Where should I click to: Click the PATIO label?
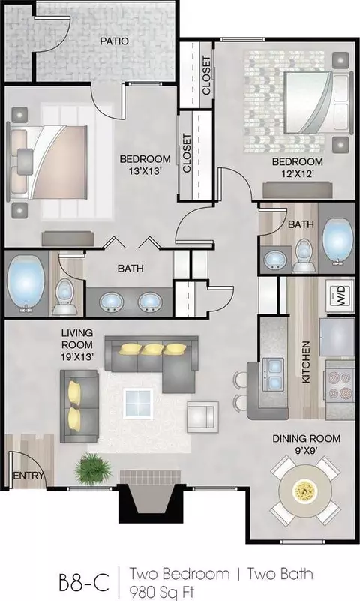114,41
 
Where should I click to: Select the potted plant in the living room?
93,468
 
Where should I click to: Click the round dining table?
305,490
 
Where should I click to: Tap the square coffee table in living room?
138,403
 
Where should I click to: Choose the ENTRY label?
28,476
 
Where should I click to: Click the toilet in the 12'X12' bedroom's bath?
303,255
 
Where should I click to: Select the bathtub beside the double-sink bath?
25,282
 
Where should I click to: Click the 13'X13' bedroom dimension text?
145,171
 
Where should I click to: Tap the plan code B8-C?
84,582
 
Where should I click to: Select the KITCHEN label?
306,362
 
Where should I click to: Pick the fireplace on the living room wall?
150,497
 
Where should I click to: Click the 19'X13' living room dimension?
78,357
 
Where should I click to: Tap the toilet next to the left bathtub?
64,296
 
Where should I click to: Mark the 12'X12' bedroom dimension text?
298,173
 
